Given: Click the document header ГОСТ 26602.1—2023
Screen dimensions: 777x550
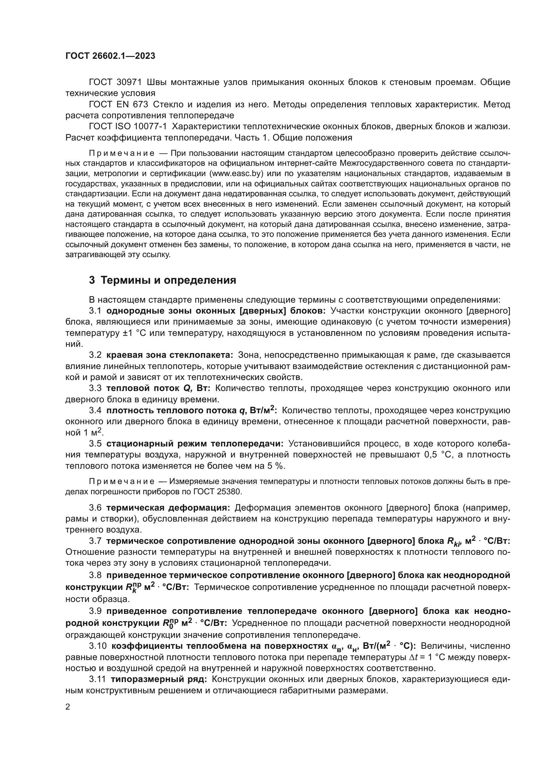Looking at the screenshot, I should (x=110, y=56).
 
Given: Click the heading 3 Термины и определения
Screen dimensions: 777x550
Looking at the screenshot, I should (x=162, y=280).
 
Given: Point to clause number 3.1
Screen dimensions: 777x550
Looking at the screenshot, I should (x=95, y=311).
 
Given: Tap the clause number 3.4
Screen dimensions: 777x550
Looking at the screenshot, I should (x=95, y=410).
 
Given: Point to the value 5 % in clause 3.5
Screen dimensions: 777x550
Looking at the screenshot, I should (x=275, y=466).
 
